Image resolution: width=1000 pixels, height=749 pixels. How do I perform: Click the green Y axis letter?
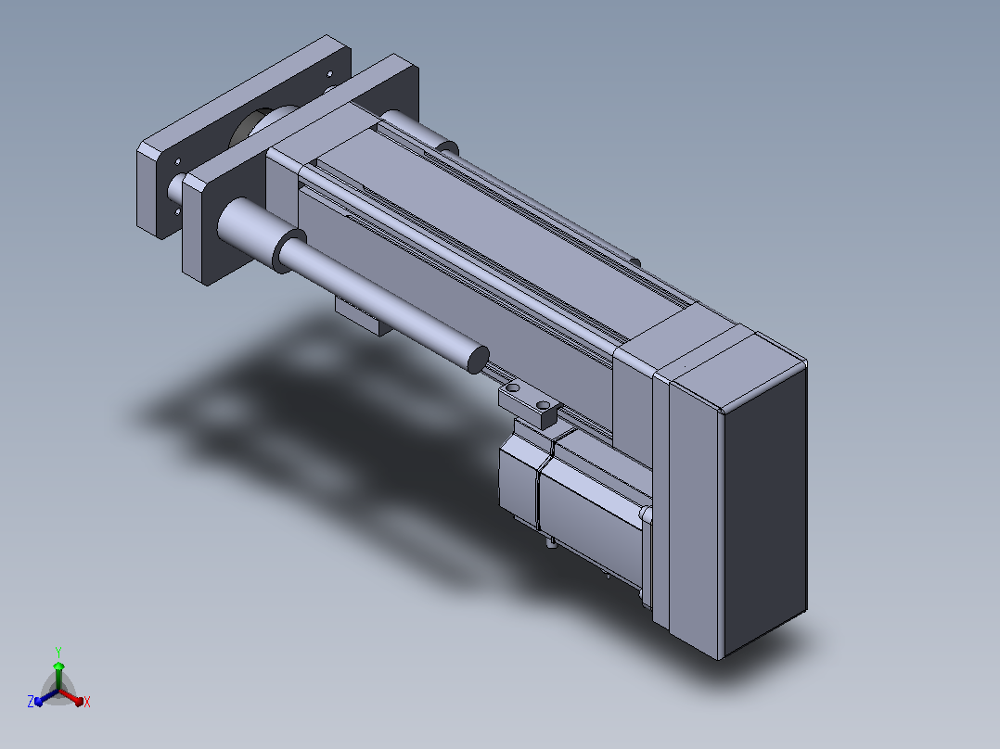(58, 652)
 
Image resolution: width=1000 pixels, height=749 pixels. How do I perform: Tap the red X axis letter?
(87, 702)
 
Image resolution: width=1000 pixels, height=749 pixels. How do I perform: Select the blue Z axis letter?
(31, 702)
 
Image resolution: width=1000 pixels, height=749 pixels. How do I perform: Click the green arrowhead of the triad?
(58, 666)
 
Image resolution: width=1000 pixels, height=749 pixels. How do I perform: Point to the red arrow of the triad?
(71, 697)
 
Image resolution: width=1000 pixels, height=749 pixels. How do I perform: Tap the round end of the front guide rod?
(478, 360)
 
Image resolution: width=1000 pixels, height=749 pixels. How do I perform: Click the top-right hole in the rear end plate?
(329, 74)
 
